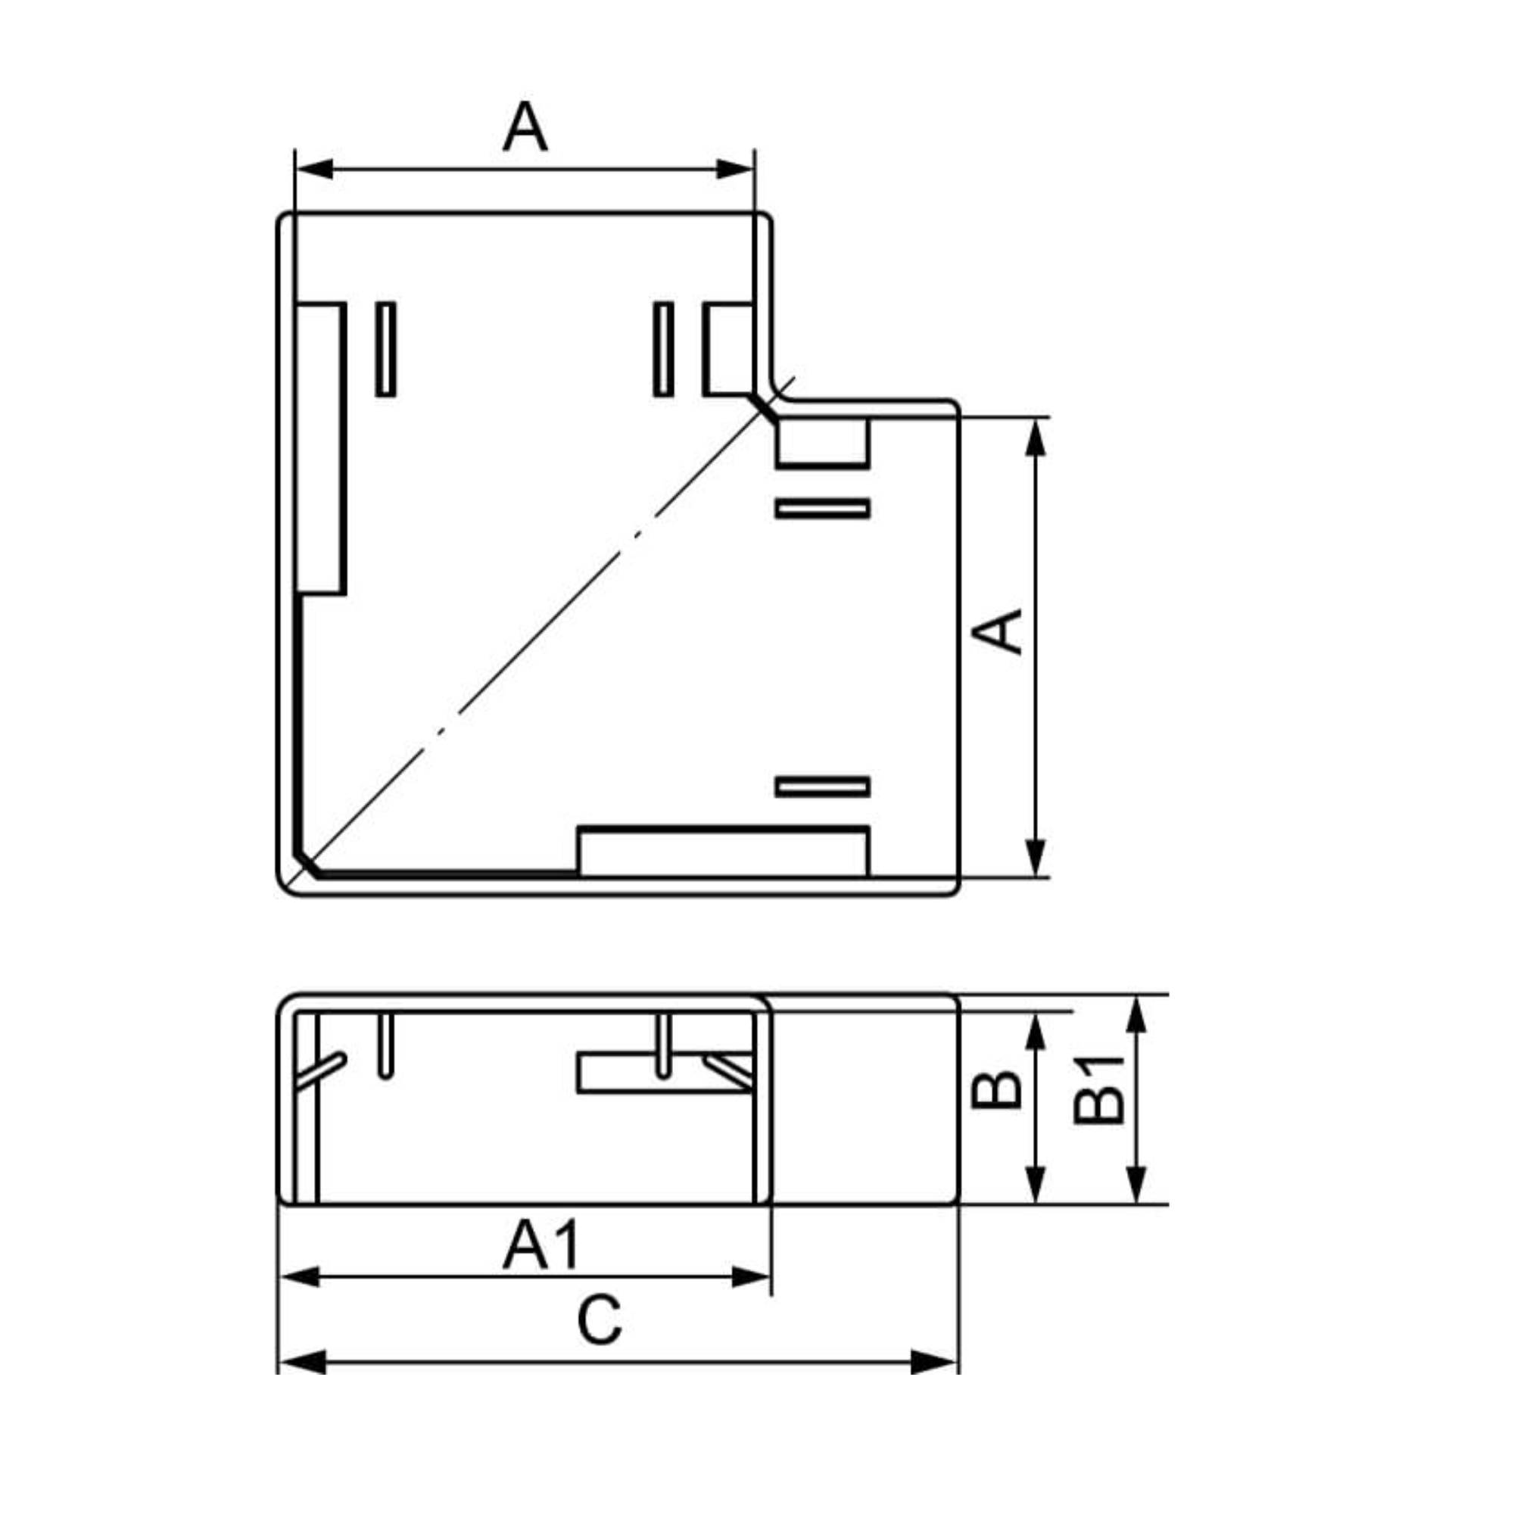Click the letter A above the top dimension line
(525, 126)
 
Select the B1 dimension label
(1098, 1090)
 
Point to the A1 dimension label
(540, 1245)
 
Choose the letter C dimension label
(599, 1321)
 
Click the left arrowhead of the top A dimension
(315, 169)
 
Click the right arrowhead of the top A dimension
(735, 169)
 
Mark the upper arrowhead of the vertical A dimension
(1036, 437)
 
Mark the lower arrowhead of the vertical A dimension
(1036, 858)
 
